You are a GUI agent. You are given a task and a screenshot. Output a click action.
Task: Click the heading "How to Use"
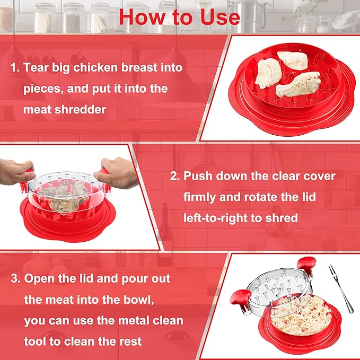click(179, 16)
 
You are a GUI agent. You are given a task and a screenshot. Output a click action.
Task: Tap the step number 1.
click(13, 68)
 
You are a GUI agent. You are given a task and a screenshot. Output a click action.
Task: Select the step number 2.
click(173, 175)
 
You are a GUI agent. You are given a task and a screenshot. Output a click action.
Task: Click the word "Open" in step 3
click(40, 278)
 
